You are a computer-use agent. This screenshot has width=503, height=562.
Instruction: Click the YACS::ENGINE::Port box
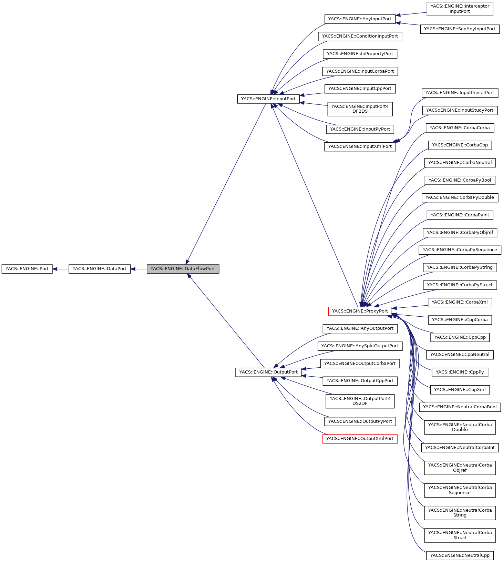(27, 269)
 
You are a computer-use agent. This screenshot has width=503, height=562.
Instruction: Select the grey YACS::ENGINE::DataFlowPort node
(183, 269)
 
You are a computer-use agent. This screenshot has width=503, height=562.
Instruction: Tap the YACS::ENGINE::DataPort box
(100, 269)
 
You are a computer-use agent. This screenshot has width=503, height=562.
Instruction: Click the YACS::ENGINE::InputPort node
(268, 99)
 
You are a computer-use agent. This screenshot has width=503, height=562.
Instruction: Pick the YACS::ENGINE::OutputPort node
(268, 372)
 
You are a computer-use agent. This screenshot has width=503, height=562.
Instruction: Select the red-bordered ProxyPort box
(360, 311)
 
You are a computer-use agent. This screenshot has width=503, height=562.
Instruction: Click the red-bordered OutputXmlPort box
(360, 439)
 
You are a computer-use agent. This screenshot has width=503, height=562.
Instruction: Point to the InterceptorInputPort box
(460, 9)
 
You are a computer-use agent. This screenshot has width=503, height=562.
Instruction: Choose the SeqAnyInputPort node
(460, 29)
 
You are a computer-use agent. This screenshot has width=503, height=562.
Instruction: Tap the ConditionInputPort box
(360, 36)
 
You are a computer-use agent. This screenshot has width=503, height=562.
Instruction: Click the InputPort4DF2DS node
(360, 109)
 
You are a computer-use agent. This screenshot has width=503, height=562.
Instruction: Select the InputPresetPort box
(460, 93)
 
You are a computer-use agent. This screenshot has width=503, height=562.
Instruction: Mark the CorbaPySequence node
(460, 250)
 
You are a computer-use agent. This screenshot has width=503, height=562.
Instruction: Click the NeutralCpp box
(460, 555)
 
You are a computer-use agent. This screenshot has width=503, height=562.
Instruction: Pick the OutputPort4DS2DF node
(360, 401)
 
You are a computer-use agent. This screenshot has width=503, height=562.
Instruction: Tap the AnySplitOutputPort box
(360, 346)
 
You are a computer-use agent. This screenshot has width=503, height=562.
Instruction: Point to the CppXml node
(460, 390)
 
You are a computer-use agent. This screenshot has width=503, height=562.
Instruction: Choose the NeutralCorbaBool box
(460, 407)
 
